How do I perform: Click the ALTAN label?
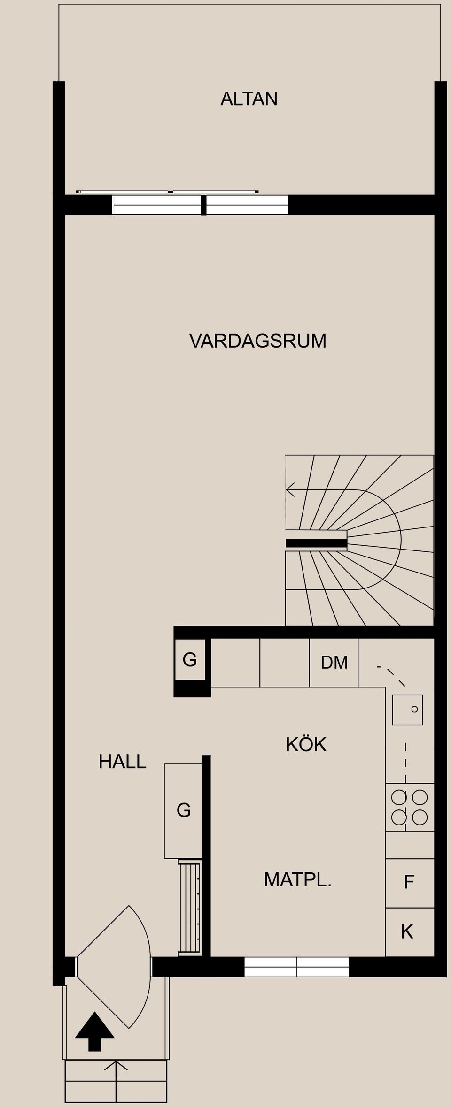[x=249, y=99]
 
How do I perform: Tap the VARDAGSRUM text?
[x=257, y=341]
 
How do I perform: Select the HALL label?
[x=122, y=761]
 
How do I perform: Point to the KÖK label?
[x=306, y=745]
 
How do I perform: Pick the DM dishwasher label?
[x=334, y=663]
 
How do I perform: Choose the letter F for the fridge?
[x=409, y=883]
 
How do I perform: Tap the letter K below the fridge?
[x=407, y=932]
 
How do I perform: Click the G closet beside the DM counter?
[x=190, y=660]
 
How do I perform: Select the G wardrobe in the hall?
[x=184, y=810]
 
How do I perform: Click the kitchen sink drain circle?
[x=414, y=709]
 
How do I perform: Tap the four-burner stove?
[x=410, y=807]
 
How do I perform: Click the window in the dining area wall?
[x=297, y=967]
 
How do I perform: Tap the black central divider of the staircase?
[x=316, y=543]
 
